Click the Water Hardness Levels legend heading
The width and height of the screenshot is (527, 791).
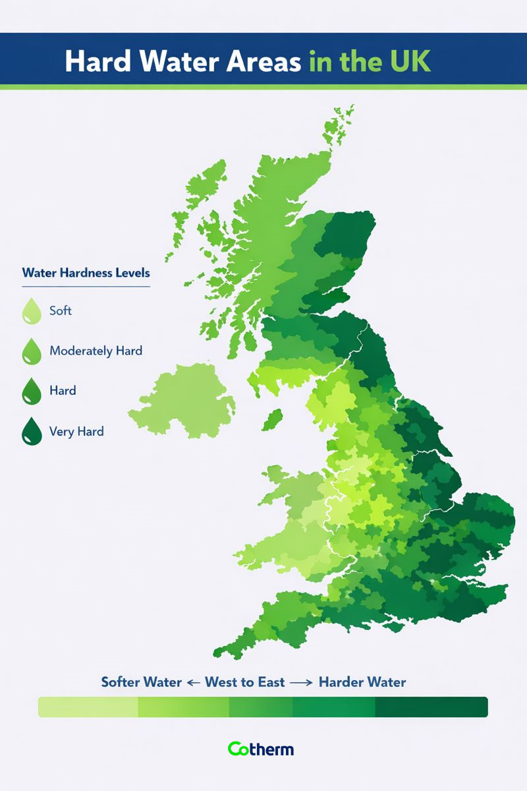pyautogui.click(x=86, y=273)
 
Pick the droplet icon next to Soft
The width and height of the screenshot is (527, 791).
pyautogui.click(x=31, y=311)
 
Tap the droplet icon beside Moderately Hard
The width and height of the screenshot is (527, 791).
pyautogui.click(x=31, y=351)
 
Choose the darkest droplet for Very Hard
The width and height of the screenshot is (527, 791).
pyautogui.click(x=31, y=432)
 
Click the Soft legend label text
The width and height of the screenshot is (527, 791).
pyautogui.click(x=61, y=310)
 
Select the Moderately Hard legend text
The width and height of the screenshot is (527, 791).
pyautogui.click(x=96, y=351)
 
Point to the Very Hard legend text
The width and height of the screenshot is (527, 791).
pyautogui.click(x=76, y=432)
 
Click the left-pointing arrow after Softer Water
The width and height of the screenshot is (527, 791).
pyautogui.click(x=192, y=682)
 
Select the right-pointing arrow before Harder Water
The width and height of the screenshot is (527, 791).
pyautogui.click(x=300, y=682)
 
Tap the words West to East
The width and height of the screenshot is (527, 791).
pyautogui.click(x=245, y=682)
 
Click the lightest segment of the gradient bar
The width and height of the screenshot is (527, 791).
pyautogui.click(x=88, y=707)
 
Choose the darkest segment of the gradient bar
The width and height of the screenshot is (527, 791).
pyautogui.click(x=431, y=707)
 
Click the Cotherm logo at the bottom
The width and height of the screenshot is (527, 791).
pyautogui.click(x=261, y=749)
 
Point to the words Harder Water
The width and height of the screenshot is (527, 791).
pyautogui.click(x=362, y=682)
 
